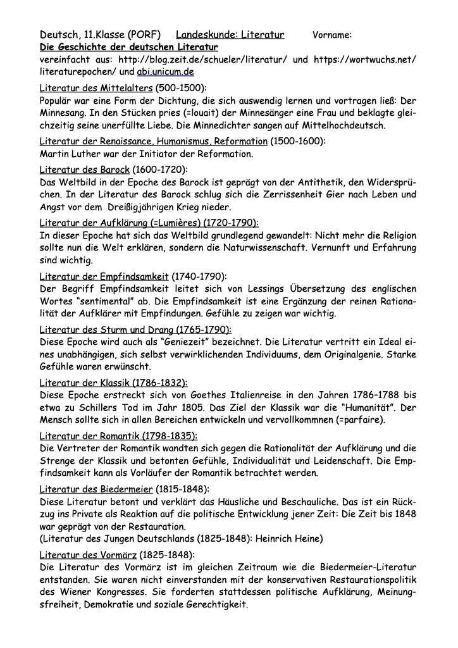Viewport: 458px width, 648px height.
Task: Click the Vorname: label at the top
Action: (332, 34)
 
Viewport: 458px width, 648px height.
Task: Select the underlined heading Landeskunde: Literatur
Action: (230, 34)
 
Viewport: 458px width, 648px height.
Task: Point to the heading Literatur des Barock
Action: (85, 169)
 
